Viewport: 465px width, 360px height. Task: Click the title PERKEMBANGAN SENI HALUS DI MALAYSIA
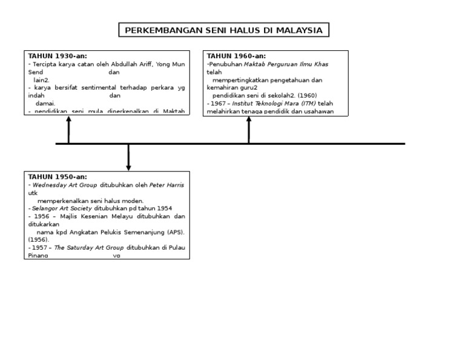(223, 30)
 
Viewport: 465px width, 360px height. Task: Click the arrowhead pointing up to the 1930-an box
(68, 119)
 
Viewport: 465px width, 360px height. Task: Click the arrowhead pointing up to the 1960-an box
(249, 119)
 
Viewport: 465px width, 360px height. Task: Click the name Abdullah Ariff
(130, 64)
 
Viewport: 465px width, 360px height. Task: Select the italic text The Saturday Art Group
(89, 248)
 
